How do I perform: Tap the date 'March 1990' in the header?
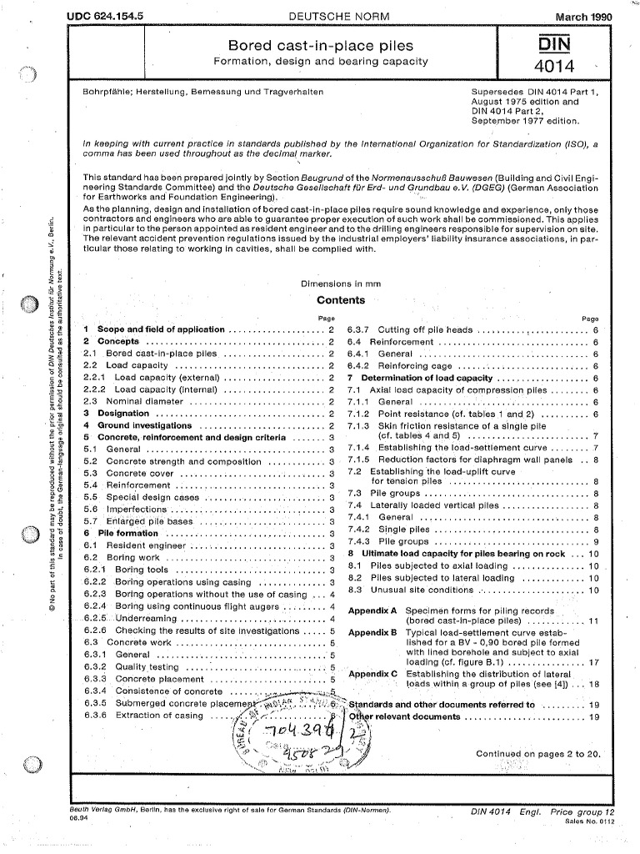pos(577,17)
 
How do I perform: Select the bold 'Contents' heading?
pos(341,300)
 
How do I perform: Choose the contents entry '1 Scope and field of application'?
pos(154,329)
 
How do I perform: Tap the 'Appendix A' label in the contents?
pos(372,610)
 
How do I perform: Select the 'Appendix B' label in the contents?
pos(372,633)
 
